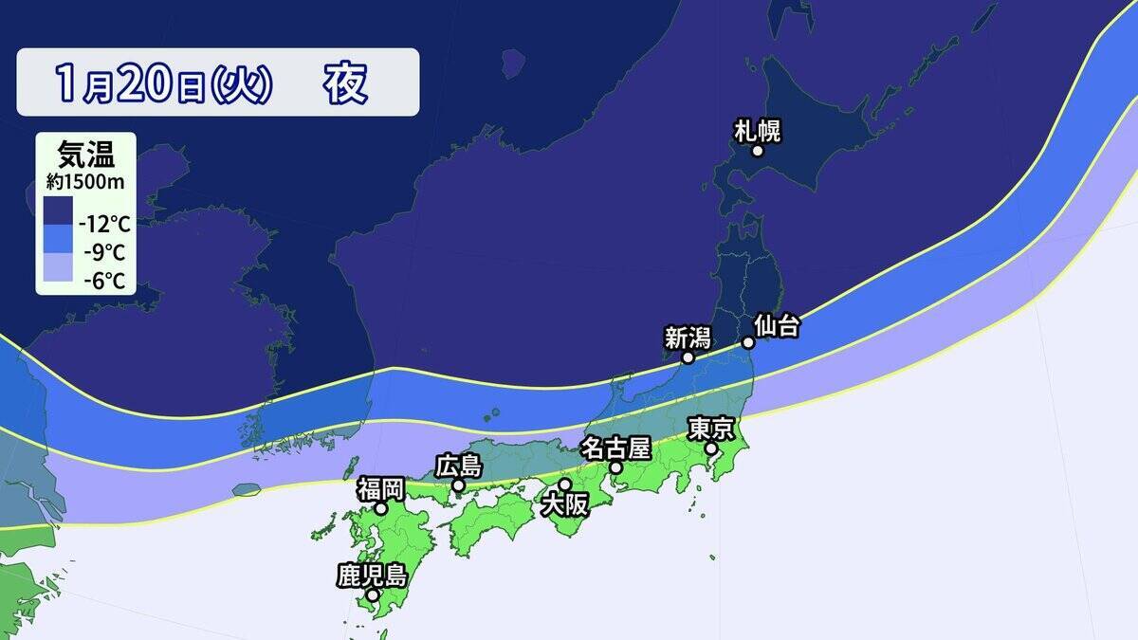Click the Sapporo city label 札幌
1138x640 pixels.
point(758,131)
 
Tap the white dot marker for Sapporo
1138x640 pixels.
point(758,151)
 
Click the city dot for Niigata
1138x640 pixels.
point(688,358)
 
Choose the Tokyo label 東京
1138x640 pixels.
point(711,429)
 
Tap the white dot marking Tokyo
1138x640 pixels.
point(711,448)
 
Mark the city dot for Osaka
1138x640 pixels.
point(564,485)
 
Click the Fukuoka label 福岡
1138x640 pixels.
point(380,489)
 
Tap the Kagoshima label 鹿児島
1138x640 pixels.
point(372,575)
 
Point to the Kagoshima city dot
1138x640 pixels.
point(373,595)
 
